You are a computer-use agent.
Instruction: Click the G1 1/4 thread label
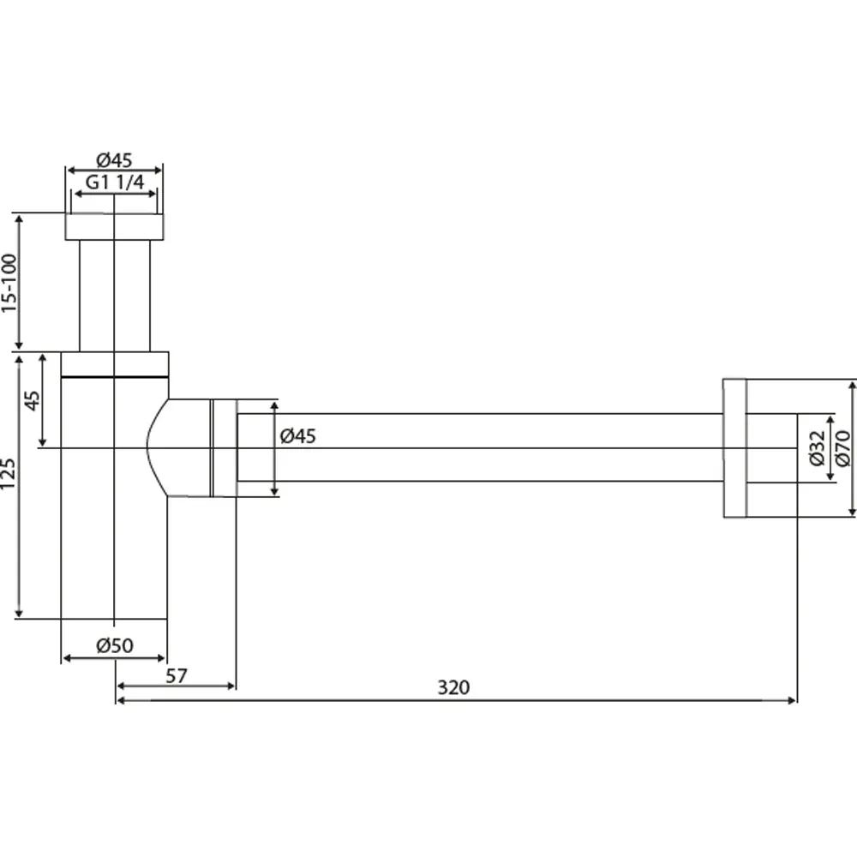115,182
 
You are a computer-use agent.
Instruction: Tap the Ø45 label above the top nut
114,160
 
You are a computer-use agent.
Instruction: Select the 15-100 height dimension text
9,283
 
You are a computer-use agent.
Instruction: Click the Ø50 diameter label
115,645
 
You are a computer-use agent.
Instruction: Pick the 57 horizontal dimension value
176,676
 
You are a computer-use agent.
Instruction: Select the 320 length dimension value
453,687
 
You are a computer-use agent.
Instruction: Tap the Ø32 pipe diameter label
816,448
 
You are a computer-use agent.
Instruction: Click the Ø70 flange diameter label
842,449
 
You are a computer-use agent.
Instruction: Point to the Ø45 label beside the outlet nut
298,436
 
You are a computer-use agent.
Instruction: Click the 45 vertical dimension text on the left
33,400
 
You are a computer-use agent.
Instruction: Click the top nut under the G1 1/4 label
114,227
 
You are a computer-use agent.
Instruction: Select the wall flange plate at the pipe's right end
734,448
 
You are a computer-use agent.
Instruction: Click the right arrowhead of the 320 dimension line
792,700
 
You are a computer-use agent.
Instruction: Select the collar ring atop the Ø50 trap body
115,364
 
